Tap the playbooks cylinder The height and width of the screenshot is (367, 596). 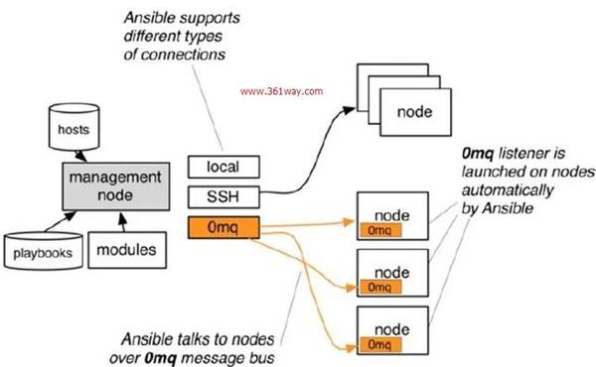[42, 253]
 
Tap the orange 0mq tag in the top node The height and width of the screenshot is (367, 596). [378, 230]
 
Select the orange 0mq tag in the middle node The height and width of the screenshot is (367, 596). [378, 287]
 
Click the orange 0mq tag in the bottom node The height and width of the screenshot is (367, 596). [378, 346]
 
